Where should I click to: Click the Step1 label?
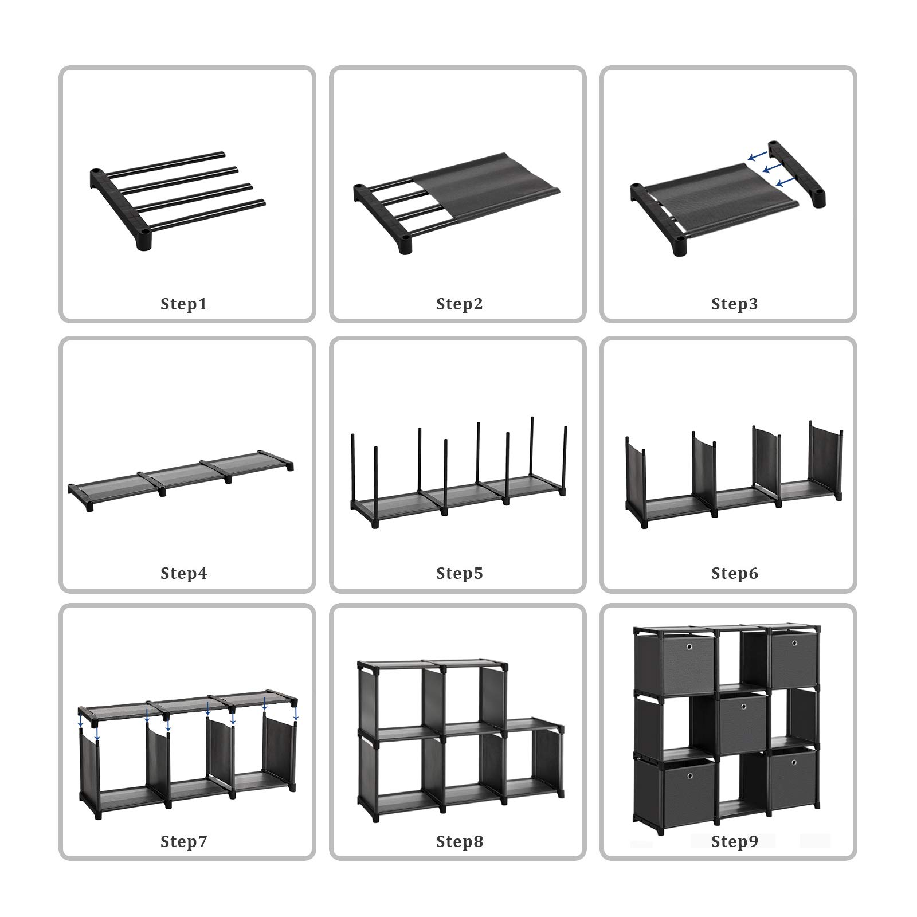point(183,304)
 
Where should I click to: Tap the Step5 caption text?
point(459,573)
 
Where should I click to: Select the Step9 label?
point(734,841)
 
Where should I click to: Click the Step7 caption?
point(183,841)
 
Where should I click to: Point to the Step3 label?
point(734,304)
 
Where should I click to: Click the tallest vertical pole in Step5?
point(532,453)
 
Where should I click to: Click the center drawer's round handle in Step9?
point(743,708)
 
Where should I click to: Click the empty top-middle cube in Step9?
point(742,659)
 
